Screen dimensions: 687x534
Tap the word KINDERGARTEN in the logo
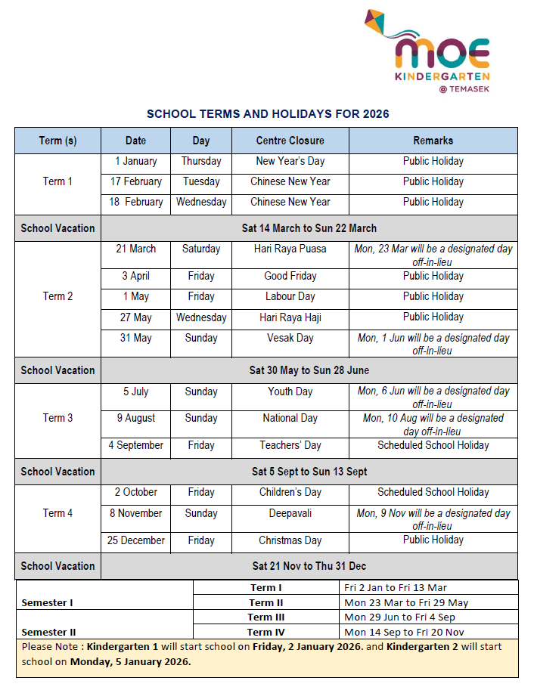pos(442,76)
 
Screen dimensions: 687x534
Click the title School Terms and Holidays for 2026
pos(268,114)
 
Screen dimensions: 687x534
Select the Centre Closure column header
pos(290,141)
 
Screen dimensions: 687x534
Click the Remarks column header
pos(433,141)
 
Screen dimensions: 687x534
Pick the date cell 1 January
pos(136,161)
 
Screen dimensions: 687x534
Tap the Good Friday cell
pos(290,276)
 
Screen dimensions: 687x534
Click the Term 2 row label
pos(57,296)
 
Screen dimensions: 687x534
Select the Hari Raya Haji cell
pos(290,317)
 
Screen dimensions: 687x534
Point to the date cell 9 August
pos(136,418)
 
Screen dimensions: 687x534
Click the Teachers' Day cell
pos(290,445)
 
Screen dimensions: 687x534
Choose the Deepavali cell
pos(290,513)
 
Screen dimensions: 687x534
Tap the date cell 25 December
pos(136,540)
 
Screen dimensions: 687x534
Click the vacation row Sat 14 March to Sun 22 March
pos(309,228)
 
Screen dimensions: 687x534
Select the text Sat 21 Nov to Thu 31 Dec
pos(309,566)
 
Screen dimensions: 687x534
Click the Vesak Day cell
pos(290,338)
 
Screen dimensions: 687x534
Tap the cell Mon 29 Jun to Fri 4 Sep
pos(399,617)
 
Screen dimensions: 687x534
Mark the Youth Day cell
pos(290,391)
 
